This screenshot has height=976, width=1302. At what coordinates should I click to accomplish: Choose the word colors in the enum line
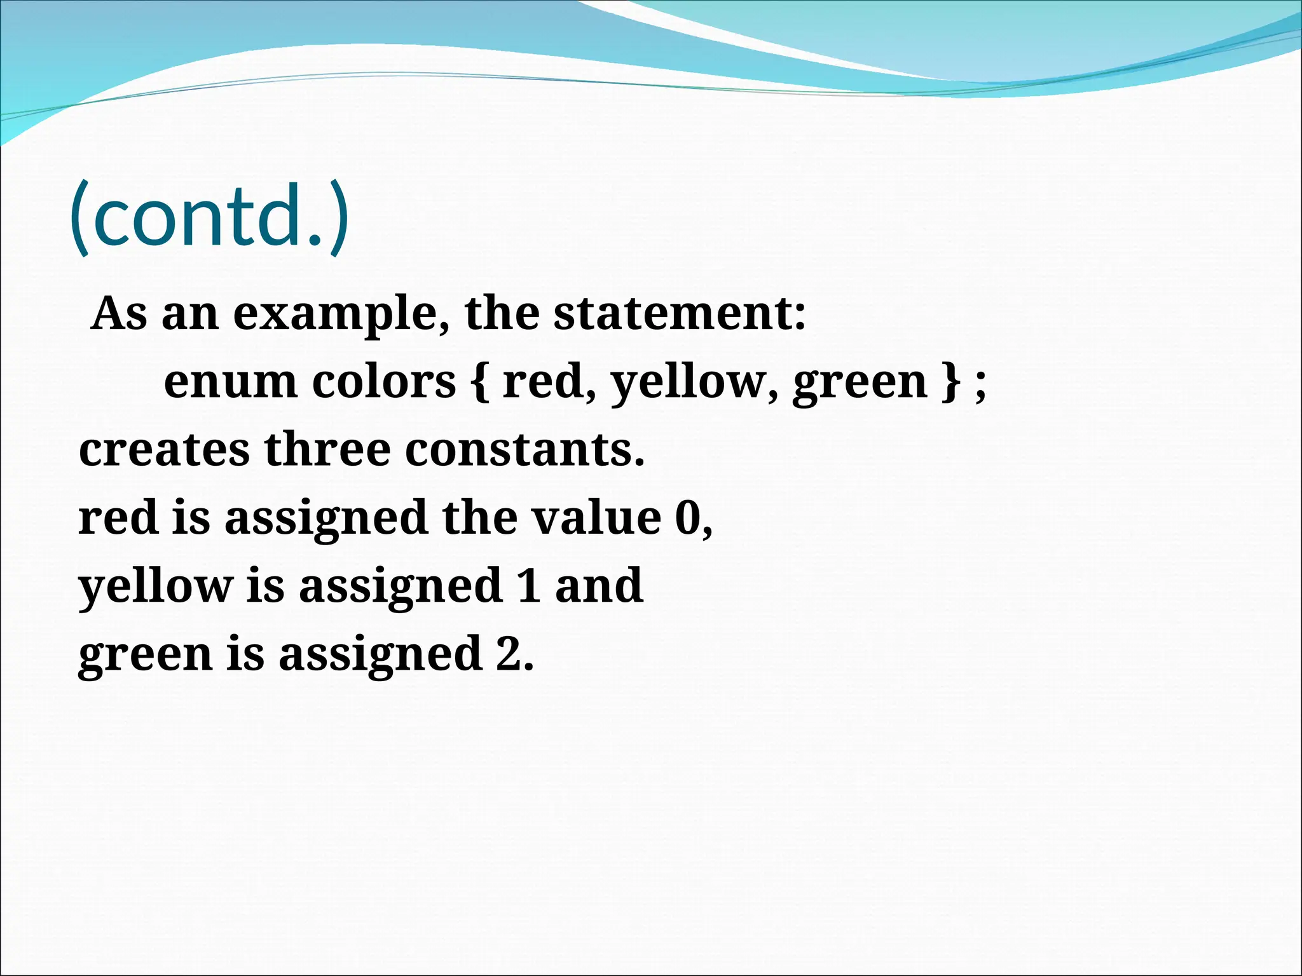[384, 382]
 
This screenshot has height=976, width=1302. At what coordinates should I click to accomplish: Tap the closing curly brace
[950, 382]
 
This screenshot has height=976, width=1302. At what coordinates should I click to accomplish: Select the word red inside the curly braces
[544, 382]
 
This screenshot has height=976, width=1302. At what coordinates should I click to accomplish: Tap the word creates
[164, 450]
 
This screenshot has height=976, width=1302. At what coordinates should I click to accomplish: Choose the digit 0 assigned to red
[687, 518]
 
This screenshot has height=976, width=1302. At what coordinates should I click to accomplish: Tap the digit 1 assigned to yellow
[529, 586]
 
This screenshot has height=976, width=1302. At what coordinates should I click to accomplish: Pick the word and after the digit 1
[599, 586]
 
